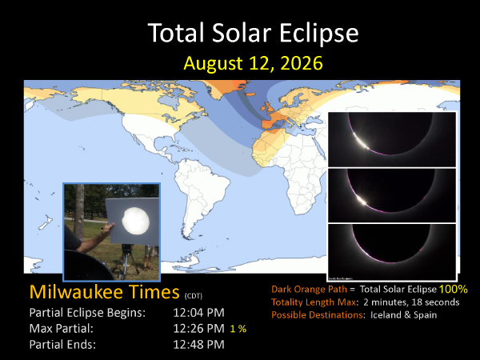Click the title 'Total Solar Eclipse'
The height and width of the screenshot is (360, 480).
click(x=253, y=33)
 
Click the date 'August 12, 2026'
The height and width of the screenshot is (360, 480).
click(x=253, y=63)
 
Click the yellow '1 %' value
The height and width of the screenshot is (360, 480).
click(x=238, y=330)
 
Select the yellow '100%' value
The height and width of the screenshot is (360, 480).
click(x=453, y=289)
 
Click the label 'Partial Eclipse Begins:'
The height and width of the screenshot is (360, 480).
click(x=86, y=313)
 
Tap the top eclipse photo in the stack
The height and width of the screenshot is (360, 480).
click(x=392, y=139)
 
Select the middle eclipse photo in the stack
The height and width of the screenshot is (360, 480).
click(x=392, y=194)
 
